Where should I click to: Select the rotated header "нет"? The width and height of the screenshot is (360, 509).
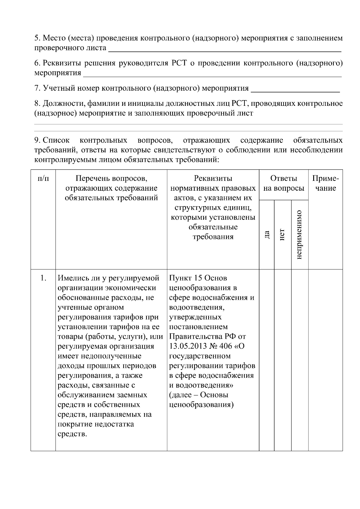click(282, 234)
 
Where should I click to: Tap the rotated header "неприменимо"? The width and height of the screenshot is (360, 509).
click(299, 234)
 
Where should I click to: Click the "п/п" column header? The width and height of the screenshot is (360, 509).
click(43, 179)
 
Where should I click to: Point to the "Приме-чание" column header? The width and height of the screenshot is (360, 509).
click(325, 183)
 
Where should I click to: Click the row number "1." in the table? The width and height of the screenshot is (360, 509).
click(43, 278)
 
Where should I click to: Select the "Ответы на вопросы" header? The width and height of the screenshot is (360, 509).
click(283, 183)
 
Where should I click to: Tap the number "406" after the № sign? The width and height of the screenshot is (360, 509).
click(226, 346)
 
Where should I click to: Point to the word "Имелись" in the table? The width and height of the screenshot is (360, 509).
click(73, 278)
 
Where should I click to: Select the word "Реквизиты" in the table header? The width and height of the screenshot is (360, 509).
click(213, 179)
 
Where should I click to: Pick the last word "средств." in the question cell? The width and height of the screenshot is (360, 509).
click(72, 434)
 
